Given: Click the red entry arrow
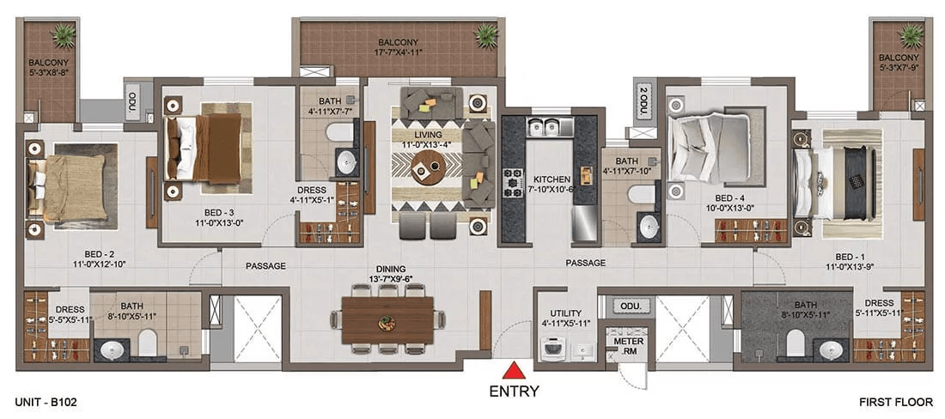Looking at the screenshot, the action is pos(513,370).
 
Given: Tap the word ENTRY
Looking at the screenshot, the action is pos(514,392).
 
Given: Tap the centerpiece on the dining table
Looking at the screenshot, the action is pos(385,323).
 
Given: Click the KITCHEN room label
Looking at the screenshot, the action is pos(552,179).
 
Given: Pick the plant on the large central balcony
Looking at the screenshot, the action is pos(485,37).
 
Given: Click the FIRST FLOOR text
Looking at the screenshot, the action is pos(895,400).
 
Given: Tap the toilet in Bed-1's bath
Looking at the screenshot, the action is pos(795,343).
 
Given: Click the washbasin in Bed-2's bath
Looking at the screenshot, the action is pos(110,349).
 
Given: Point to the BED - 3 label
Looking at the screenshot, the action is pos(215,212).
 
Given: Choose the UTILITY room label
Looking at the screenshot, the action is pos(565,313).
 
